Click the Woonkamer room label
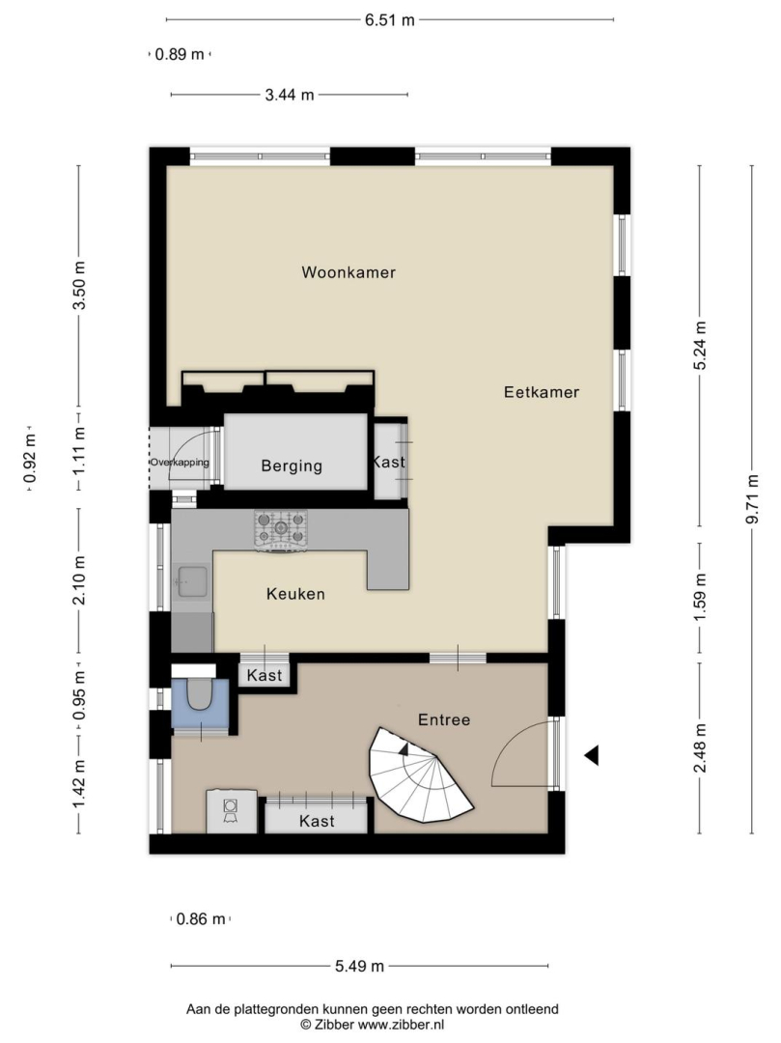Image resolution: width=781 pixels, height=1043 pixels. coord(349,272)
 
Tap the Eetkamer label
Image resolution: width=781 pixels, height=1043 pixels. coord(541,392)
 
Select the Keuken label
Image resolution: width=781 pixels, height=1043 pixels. coord(295,593)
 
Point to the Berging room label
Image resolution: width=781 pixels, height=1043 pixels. coord(292,465)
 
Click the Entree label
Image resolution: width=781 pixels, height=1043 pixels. coord(444,719)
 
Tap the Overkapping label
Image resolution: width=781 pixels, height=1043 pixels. coord(180,463)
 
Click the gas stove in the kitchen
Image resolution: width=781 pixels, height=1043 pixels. coord(280,531)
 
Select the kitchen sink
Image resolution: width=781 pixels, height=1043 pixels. coord(191,581)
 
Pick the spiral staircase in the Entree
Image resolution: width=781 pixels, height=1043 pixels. coord(420,775)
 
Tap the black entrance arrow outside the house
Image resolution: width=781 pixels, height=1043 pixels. coord(591,755)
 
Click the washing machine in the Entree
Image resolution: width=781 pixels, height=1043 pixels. coord(232,810)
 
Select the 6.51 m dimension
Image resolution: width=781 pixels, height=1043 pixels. coord(389,20)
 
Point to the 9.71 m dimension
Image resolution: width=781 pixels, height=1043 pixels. coord(752,499)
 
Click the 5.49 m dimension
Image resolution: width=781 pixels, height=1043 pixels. coord(359,966)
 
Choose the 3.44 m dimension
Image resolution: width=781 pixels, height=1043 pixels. coord(290,95)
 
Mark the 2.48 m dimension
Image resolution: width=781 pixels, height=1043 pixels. coord(699,748)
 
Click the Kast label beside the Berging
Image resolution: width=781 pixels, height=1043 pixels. coord(388,461)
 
